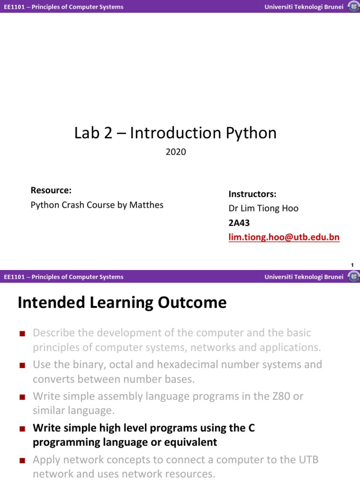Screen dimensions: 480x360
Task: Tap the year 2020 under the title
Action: click(x=176, y=152)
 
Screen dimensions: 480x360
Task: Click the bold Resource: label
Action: click(x=51, y=190)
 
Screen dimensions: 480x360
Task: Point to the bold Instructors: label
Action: click(x=252, y=194)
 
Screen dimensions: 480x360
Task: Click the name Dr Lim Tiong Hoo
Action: click(x=263, y=209)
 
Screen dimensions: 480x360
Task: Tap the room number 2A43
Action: click(x=239, y=223)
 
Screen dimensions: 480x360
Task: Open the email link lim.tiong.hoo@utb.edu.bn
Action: click(x=284, y=237)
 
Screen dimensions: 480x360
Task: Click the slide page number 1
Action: click(x=352, y=265)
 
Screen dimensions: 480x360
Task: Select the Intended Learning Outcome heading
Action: click(x=122, y=303)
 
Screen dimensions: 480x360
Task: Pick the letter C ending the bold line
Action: click(x=251, y=428)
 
